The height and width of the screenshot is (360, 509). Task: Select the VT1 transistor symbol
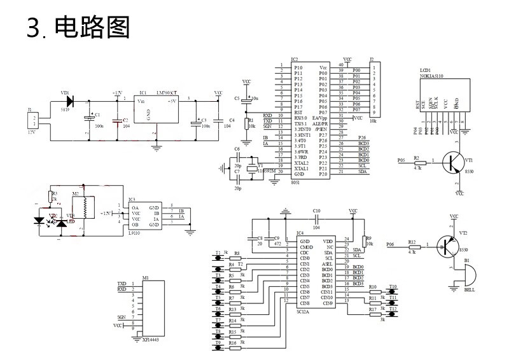453,162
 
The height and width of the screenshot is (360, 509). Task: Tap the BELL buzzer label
470,289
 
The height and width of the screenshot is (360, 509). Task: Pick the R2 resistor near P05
417,162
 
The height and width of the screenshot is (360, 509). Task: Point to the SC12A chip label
303,312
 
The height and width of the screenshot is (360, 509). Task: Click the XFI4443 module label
151,340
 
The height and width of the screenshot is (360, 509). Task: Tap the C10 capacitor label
317,211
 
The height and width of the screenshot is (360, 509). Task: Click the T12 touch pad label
393,308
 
